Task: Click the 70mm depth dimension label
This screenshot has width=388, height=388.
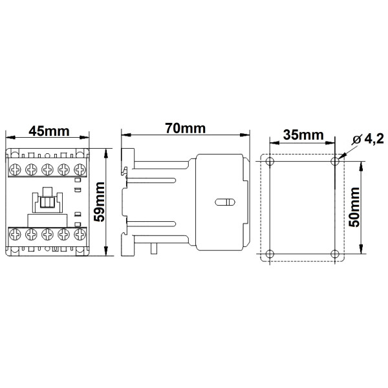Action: pyautogui.click(x=185, y=128)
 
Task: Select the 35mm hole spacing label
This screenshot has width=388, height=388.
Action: pyautogui.click(x=303, y=135)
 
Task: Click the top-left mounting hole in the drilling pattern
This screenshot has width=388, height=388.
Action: pyautogui.click(x=270, y=160)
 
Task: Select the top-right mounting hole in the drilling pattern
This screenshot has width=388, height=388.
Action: pyautogui.click(x=334, y=160)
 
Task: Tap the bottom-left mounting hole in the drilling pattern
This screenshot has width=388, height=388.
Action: pyautogui.click(x=270, y=253)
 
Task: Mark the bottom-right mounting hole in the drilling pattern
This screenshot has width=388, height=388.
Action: pyautogui.click(x=334, y=253)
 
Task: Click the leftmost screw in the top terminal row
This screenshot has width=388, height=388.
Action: pyautogui.click(x=14, y=169)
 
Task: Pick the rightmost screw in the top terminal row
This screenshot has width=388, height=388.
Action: pyautogui.click(x=80, y=169)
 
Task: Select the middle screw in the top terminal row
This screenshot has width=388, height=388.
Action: pyautogui.click(x=47, y=169)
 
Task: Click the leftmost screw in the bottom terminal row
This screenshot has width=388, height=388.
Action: pyautogui.click(x=14, y=235)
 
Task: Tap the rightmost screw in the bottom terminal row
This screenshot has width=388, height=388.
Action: pyautogui.click(x=80, y=235)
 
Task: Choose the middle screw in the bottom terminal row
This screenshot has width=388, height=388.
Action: pyautogui.click(x=47, y=235)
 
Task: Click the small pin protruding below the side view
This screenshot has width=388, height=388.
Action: pyautogui.click(x=155, y=249)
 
